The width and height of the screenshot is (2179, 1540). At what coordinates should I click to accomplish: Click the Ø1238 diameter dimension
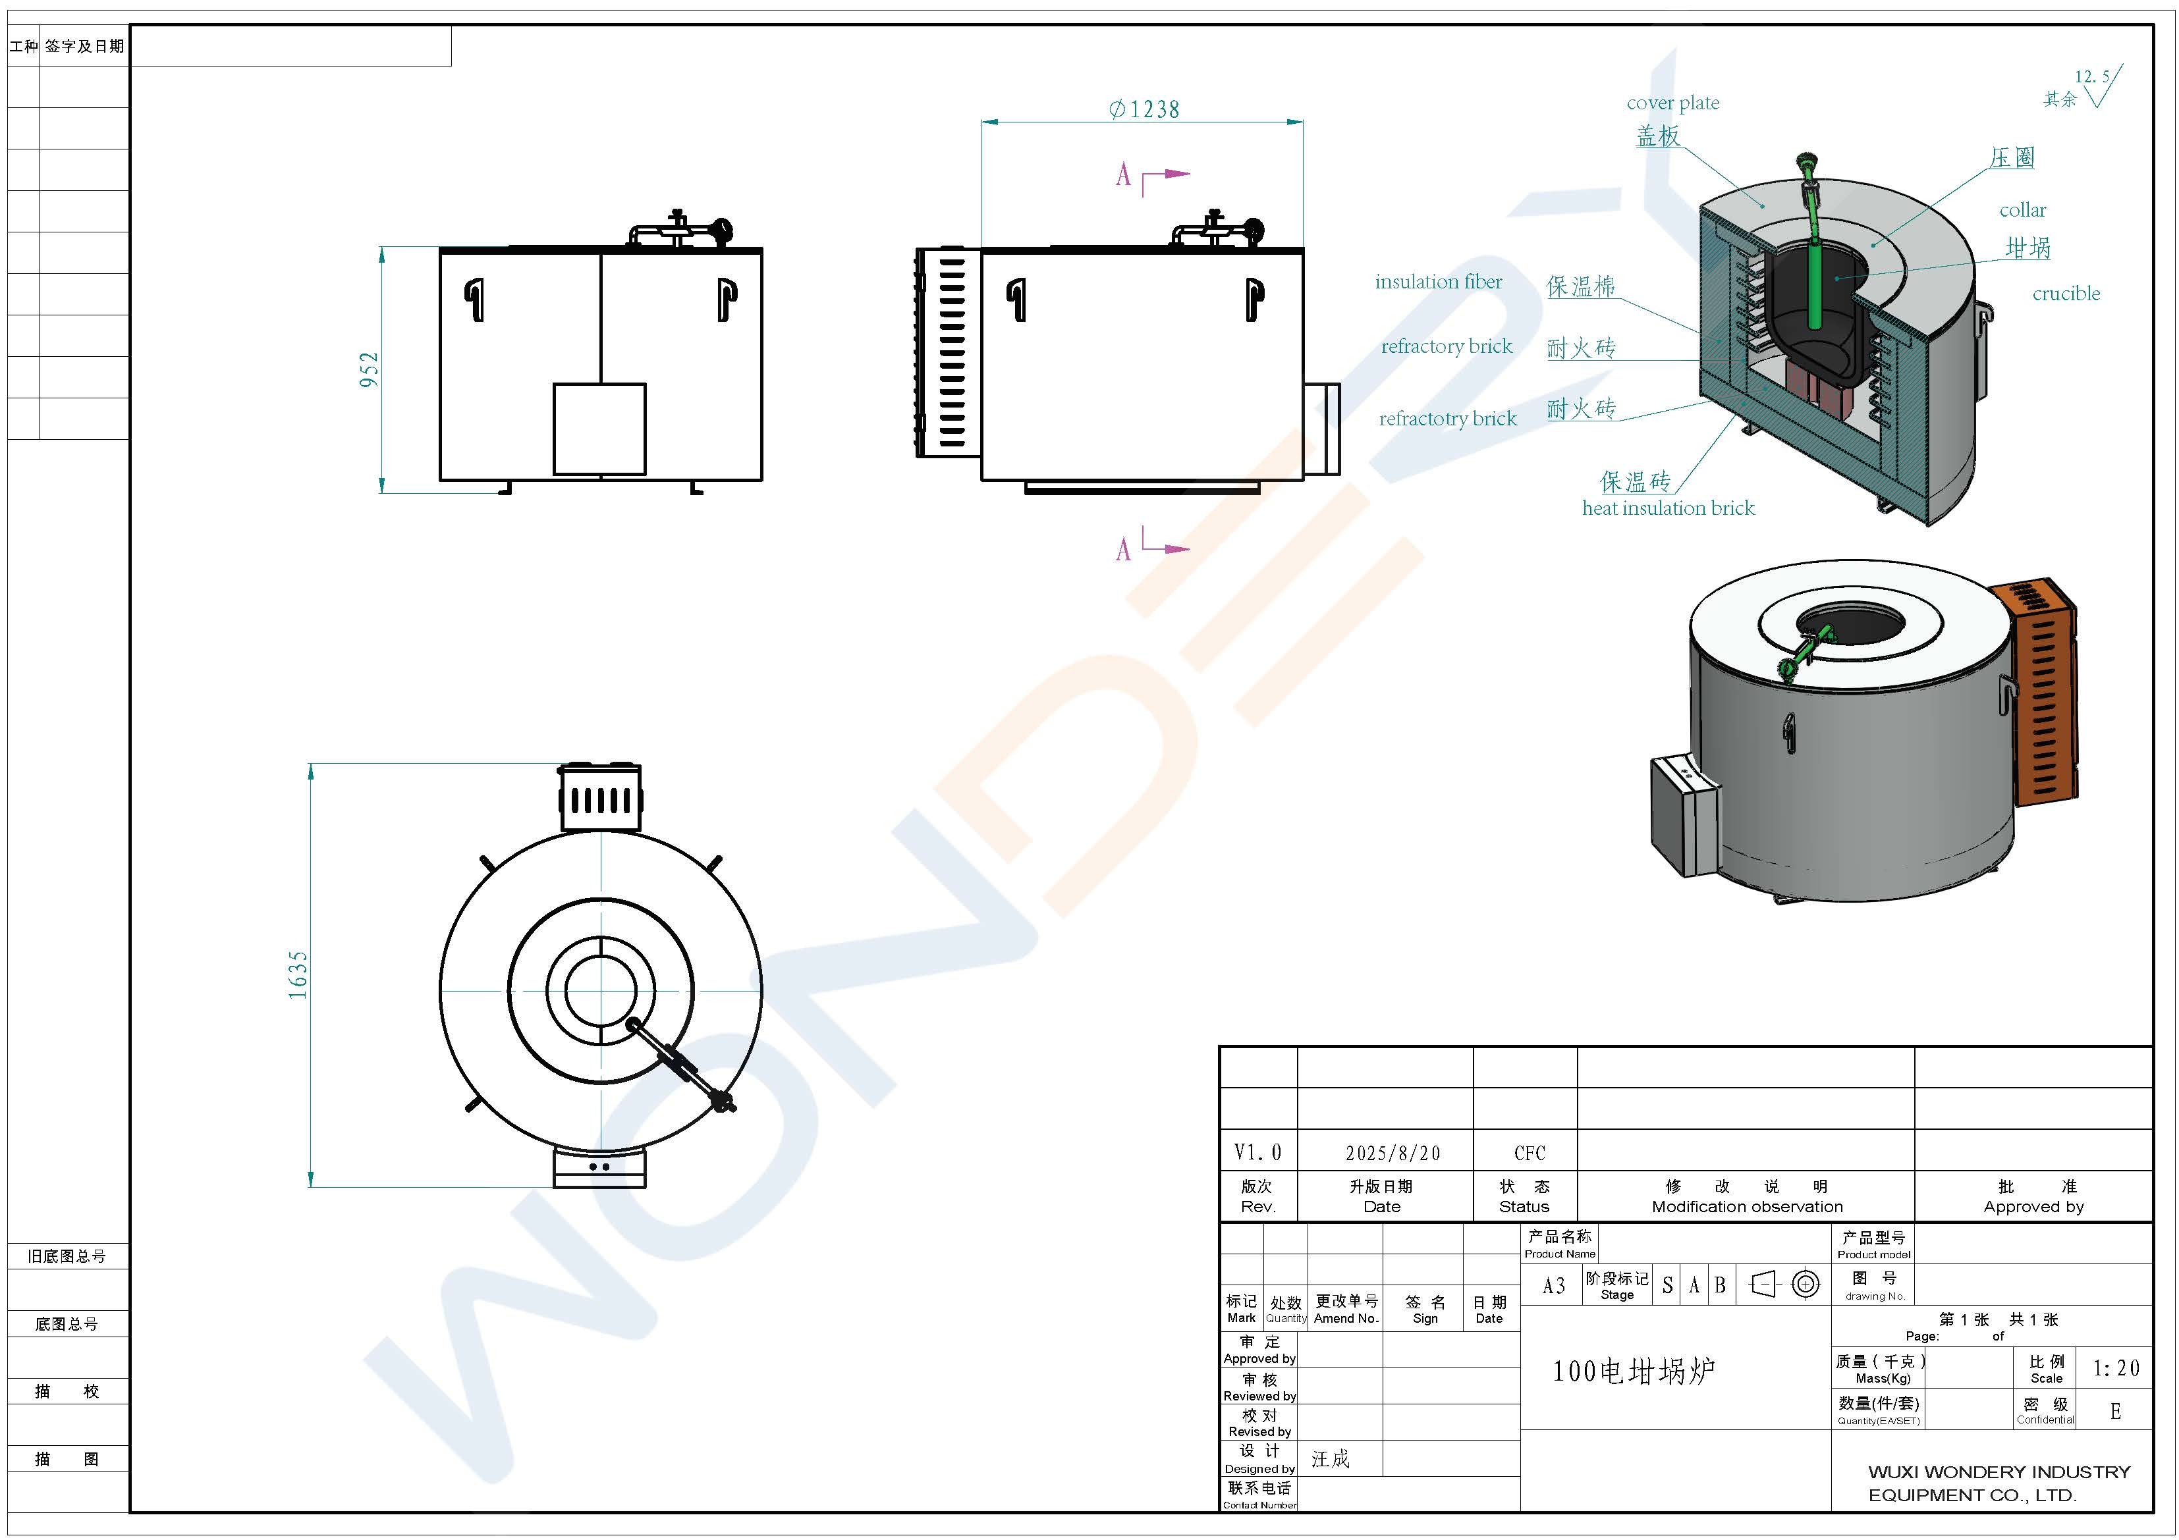tap(1144, 109)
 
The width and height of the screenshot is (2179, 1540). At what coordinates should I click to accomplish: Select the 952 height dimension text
tap(369, 369)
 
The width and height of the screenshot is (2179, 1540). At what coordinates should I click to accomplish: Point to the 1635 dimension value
tap(298, 974)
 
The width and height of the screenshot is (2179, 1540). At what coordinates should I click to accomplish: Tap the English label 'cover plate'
tap(1672, 103)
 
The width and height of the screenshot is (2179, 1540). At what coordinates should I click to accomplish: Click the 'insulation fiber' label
tap(1438, 282)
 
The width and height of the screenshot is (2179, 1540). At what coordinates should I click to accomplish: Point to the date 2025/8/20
tap(1393, 1153)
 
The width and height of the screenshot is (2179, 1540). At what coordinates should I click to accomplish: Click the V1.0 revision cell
tap(1257, 1153)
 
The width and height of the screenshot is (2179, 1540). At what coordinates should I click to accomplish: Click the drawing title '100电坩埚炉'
tap(1634, 1371)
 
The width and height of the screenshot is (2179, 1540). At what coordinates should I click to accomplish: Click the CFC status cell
tap(1529, 1153)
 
